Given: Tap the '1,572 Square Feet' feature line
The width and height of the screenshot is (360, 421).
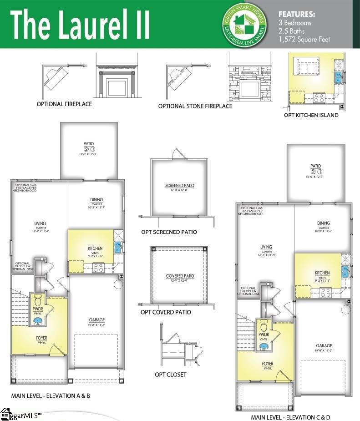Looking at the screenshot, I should pos(304,39).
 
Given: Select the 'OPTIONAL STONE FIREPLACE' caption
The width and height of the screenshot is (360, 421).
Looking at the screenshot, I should pos(195,106).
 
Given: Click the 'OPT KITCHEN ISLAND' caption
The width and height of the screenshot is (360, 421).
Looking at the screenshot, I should pos(311,115).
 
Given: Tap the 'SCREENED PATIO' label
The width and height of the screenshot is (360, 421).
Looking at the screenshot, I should pos(179,186).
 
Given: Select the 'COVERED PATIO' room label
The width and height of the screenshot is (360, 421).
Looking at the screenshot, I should pos(180,276).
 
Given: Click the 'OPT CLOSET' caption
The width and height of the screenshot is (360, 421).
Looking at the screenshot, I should pos(171,375).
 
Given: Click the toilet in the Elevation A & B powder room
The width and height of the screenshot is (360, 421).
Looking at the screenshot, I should pos(38,302).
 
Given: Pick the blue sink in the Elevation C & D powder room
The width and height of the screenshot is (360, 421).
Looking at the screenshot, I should pos(264,346).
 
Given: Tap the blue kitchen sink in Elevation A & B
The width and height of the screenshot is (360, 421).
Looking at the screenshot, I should pos(118,247).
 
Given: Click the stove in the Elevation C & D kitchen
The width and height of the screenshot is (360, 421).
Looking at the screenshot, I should pos(325,293).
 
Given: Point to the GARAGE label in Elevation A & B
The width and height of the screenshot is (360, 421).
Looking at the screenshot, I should pos(97,320).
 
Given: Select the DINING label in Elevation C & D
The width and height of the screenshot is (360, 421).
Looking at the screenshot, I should pos(324,223).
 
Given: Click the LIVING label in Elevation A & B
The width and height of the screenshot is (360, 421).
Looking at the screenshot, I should pos(40,223).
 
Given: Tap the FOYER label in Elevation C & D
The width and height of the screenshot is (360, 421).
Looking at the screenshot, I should pos(267,364).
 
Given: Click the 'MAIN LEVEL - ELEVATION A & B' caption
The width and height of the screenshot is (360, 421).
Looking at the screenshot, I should pos(51,396).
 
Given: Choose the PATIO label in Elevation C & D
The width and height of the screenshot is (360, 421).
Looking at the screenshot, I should pos(315,166).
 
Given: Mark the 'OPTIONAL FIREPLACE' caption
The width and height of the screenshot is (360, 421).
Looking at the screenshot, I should pos(64,104).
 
